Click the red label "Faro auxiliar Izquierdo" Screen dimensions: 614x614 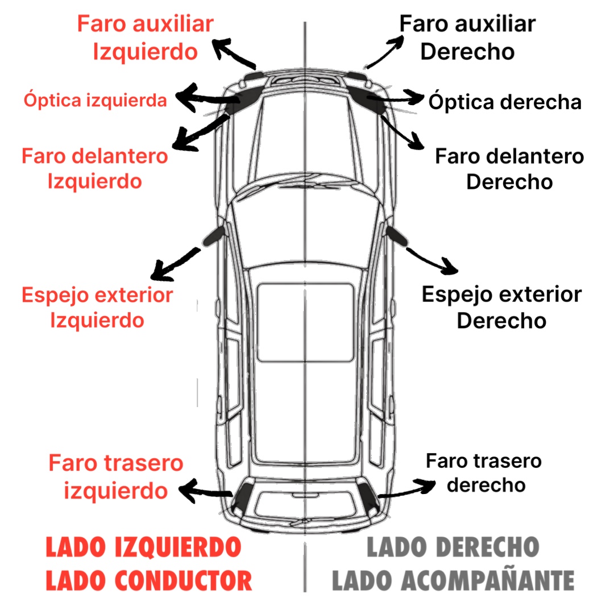(145, 38)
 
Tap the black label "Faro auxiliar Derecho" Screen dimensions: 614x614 (467, 38)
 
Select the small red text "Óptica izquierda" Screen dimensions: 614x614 (95, 101)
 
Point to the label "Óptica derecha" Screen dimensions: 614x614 (505, 102)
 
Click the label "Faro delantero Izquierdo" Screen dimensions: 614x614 (95, 168)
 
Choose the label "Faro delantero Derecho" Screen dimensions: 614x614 (509, 169)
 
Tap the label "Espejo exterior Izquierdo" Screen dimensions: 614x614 (97, 308)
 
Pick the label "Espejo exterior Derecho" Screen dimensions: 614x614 (501, 308)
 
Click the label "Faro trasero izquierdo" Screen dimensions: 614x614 (116, 476)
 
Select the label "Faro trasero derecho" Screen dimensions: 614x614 (484, 472)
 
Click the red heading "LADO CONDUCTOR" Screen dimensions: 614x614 (148, 580)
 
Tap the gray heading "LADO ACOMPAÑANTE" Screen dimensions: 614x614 (453, 580)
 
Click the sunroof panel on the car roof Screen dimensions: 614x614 (305, 322)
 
